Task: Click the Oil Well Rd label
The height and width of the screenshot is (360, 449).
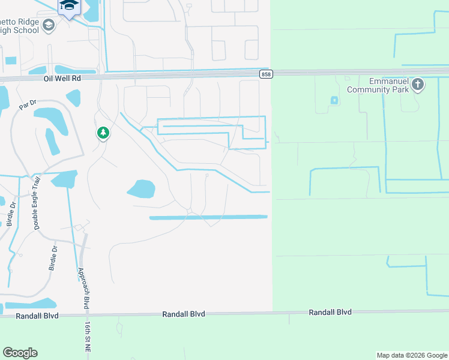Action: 62,78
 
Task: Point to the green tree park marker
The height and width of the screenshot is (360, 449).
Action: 103,133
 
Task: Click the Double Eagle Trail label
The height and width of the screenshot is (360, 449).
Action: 37,203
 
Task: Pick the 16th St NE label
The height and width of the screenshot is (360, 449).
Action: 88,336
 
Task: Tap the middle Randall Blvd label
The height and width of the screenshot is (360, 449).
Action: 184,314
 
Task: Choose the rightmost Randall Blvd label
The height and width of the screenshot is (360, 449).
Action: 330,312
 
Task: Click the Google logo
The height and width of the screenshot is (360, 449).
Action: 20,353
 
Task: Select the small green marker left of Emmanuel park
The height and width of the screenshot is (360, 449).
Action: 333,100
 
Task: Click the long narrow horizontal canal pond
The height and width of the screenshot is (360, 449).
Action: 208,217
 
